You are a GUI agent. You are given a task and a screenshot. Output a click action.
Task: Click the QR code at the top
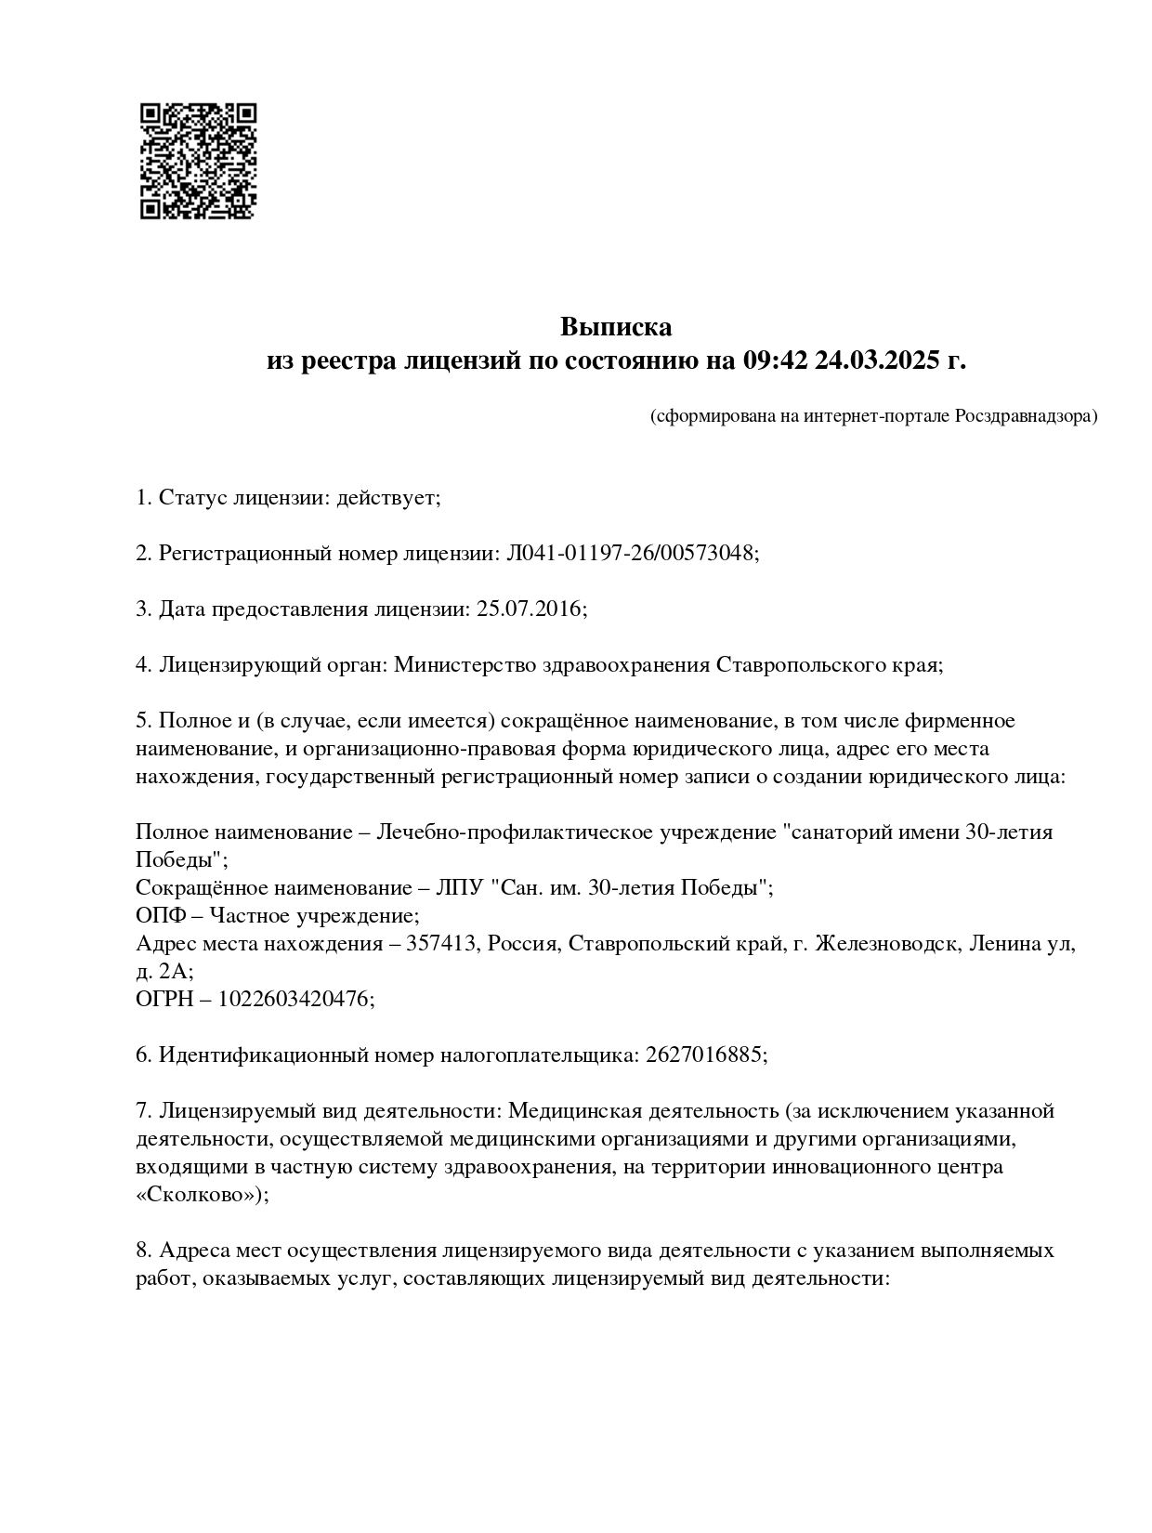198,161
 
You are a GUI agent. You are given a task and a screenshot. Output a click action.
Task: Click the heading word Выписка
615,327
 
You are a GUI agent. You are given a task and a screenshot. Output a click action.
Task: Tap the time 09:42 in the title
776,360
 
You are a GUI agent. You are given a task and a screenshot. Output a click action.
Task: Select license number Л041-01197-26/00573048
630,554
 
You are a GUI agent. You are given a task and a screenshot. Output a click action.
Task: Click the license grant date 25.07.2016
528,609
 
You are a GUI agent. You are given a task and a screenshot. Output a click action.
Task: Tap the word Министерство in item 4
453,665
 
